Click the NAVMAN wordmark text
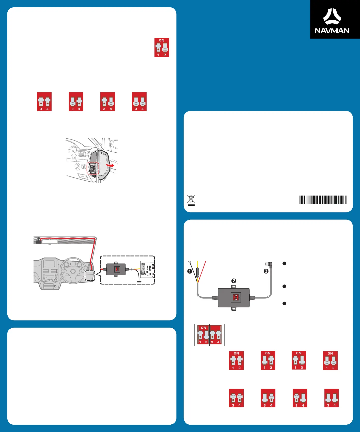point(332,31)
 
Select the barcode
point(323,200)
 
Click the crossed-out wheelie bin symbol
point(191,200)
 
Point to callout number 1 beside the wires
point(190,271)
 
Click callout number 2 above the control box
point(234,281)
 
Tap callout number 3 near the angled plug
point(266,271)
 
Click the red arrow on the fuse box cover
point(110,165)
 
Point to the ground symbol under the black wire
point(138,281)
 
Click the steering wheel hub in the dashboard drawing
point(73,271)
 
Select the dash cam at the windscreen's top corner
point(38,241)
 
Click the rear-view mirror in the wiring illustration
point(50,242)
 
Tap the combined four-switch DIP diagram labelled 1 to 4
point(209,335)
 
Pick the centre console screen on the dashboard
point(50,264)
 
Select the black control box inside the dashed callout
point(116,269)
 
